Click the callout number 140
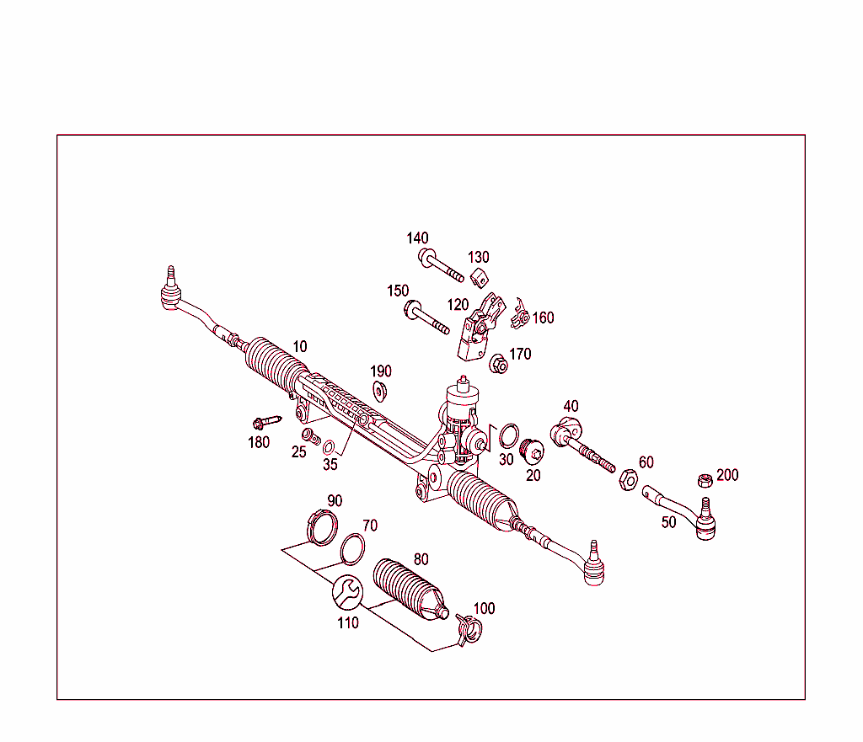point(417,238)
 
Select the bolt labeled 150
point(426,317)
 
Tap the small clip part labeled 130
point(480,276)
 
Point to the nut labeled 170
point(498,365)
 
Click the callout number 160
point(543,318)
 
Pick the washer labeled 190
point(380,391)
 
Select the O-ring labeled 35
point(330,446)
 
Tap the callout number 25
point(299,452)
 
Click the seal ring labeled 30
point(507,435)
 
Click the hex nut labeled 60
point(627,480)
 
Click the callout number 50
point(668,522)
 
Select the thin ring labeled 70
point(352,549)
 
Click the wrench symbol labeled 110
point(346,592)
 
